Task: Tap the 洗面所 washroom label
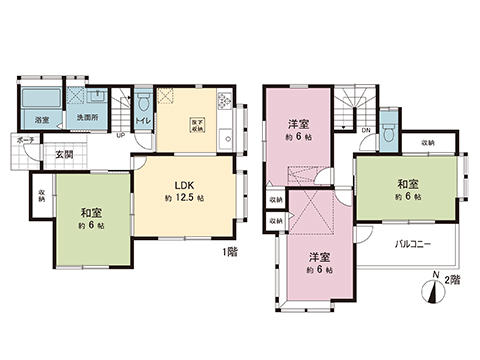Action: click(x=88, y=121)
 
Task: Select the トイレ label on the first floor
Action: click(x=143, y=121)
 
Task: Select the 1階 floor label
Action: click(x=229, y=253)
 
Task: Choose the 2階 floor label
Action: click(x=452, y=281)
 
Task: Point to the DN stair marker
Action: click(x=366, y=130)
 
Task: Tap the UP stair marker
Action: click(x=121, y=135)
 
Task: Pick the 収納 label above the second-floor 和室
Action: click(x=428, y=144)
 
